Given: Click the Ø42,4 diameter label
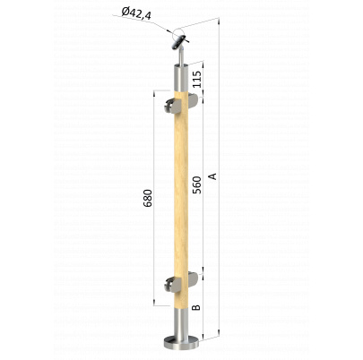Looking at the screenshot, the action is tap(136, 14).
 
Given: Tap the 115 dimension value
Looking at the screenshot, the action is tap(196, 79).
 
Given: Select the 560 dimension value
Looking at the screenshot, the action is tap(197, 184).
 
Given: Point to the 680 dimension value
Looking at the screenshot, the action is tap(148, 198).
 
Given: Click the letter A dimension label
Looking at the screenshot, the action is tap(212, 176).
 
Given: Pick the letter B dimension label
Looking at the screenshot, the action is tap(196, 307).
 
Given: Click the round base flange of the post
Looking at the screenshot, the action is tap(181, 343).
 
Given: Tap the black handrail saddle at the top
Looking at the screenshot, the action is tap(178, 43).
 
